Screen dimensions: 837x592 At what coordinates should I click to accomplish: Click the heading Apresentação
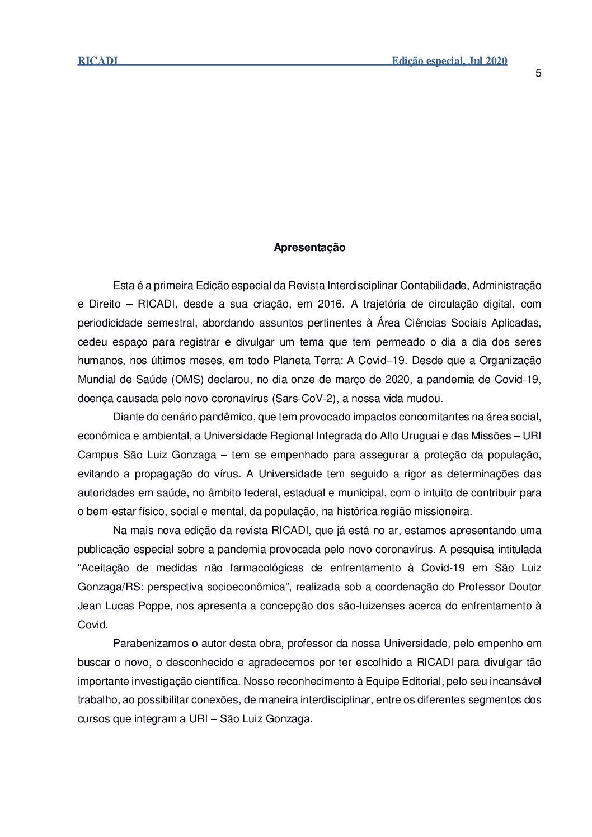tap(309, 247)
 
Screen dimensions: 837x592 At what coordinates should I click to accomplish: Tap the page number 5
tap(538, 73)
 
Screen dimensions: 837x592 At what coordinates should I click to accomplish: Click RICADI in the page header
tap(97, 61)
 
